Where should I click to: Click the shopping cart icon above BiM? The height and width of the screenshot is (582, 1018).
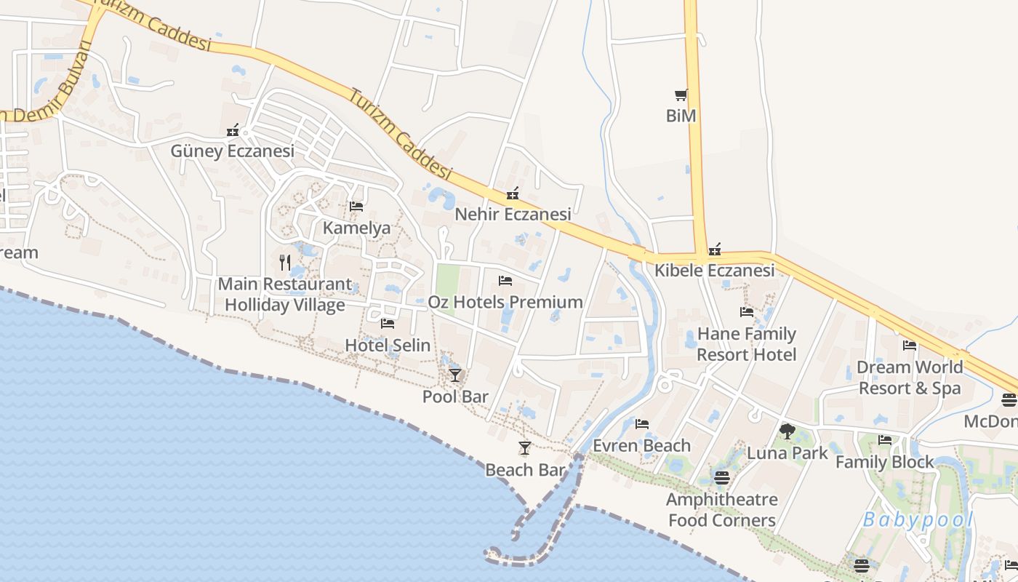coord(681,95)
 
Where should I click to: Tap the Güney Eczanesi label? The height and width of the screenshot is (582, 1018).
coord(233,151)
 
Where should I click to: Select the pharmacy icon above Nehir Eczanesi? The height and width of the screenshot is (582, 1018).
coord(513,194)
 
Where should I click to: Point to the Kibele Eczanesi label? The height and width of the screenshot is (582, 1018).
coord(714,271)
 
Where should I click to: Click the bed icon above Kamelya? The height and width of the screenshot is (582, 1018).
coord(356,207)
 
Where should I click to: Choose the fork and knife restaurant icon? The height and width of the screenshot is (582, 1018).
coord(285,263)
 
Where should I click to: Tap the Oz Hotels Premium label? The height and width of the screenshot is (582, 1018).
coord(505,302)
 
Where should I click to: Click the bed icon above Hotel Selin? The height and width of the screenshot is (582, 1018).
coord(388,324)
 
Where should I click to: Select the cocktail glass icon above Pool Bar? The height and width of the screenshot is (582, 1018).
coord(455,375)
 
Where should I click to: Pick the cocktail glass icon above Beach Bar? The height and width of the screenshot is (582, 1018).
coord(525,448)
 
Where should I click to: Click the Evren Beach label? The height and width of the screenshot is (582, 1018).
coord(641,445)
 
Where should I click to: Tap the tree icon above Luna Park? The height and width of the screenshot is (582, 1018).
coord(787,431)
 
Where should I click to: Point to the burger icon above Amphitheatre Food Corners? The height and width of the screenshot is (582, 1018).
coord(721,478)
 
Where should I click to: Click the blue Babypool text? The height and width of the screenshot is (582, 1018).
coord(918,520)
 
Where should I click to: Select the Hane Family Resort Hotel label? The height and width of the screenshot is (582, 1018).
coord(747,344)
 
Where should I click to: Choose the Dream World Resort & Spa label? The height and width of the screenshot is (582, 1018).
coord(910,378)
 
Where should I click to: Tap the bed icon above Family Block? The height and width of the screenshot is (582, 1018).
coord(885,440)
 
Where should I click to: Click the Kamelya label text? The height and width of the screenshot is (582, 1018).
coord(356,228)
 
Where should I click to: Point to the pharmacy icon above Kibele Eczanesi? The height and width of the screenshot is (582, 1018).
coord(715,250)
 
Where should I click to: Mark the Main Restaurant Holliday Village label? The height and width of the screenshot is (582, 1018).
coord(285,294)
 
